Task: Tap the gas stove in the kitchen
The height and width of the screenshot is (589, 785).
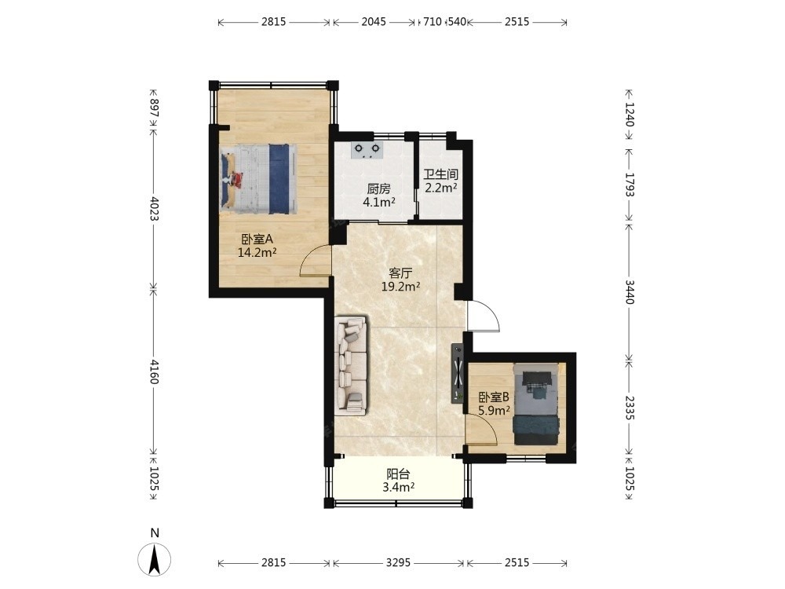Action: pos(367,150)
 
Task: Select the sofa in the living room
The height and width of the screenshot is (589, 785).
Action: pos(352,365)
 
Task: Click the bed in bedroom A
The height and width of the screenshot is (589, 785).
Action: pos(258,179)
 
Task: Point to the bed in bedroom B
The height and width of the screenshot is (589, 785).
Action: pos(536,404)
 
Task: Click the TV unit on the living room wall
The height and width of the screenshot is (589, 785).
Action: pos(458,373)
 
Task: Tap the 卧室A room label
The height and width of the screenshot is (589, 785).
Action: pos(257,240)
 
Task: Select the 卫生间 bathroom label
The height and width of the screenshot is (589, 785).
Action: pos(441,174)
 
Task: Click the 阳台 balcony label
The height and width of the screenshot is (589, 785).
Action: pos(399,474)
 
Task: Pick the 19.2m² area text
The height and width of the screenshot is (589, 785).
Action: pos(400,287)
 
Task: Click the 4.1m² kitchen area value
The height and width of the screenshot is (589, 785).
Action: pos(379,203)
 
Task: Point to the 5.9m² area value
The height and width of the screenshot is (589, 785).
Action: pos(494,410)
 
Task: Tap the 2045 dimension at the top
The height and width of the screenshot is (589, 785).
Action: pos(374,21)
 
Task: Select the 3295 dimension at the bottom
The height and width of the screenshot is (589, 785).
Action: pos(399,562)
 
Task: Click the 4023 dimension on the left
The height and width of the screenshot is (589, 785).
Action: pos(154,208)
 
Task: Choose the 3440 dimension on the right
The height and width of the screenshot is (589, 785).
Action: pos(630,292)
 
